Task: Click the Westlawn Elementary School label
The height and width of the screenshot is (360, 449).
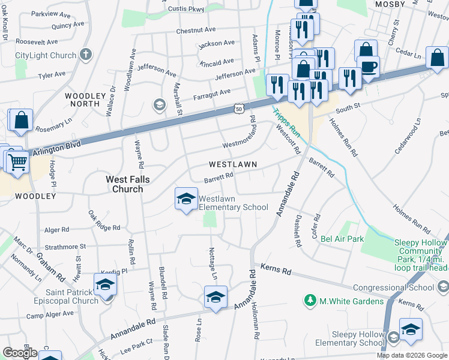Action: point(233,203)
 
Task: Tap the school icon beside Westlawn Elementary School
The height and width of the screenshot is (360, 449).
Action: point(186,198)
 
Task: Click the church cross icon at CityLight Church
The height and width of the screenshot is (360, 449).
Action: point(85,55)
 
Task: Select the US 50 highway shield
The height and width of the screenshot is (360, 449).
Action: point(239,109)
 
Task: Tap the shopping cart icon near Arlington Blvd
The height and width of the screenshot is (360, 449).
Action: point(17,161)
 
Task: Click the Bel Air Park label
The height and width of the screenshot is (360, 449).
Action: point(342,239)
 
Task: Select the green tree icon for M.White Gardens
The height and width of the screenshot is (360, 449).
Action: point(310,300)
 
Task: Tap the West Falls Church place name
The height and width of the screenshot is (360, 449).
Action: point(124,184)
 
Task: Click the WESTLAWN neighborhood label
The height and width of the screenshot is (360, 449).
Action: point(233,164)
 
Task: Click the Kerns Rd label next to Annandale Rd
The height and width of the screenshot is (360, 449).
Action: point(276,271)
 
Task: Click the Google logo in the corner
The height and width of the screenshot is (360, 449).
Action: point(20,352)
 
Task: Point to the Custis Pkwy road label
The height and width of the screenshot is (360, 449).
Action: point(188,9)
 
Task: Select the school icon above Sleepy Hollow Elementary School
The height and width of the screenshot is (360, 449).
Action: point(411,329)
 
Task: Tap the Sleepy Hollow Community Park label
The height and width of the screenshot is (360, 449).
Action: point(420,255)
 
